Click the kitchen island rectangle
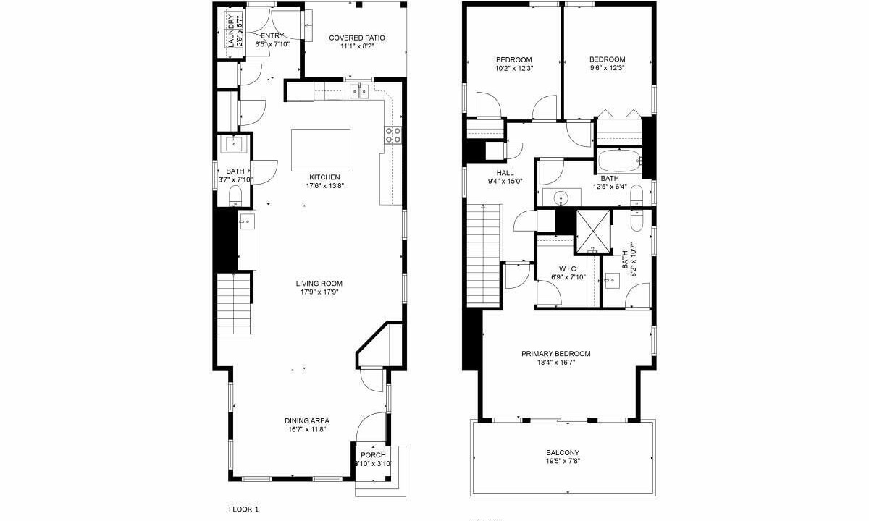click(x=321, y=150)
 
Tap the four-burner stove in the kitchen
click(x=392, y=135)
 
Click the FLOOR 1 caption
click(x=243, y=509)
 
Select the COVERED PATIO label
click(x=357, y=38)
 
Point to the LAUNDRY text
click(x=231, y=31)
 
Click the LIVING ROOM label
click(x=319, y=284)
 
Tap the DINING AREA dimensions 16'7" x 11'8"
click(x=306, y=429)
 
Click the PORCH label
click(x=373, y=454)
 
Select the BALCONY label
click(x=563, y=452)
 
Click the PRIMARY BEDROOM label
click(x=556, y=354)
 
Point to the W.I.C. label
click(x=568, y=268)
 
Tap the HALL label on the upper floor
click(x=505, y=173)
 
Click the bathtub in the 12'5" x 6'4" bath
click(x=619, y=161)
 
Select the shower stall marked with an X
click(x=593, y=232)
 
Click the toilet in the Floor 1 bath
click(x=235, y=196)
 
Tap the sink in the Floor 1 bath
click(x=234, y=144)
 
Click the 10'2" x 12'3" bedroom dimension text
click(x=514, y=68)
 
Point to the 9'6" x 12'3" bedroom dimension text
click(x=607, y=68)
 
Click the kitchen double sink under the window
click(x=359, y=92)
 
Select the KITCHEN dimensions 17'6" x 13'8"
click(x=325, y=186)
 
